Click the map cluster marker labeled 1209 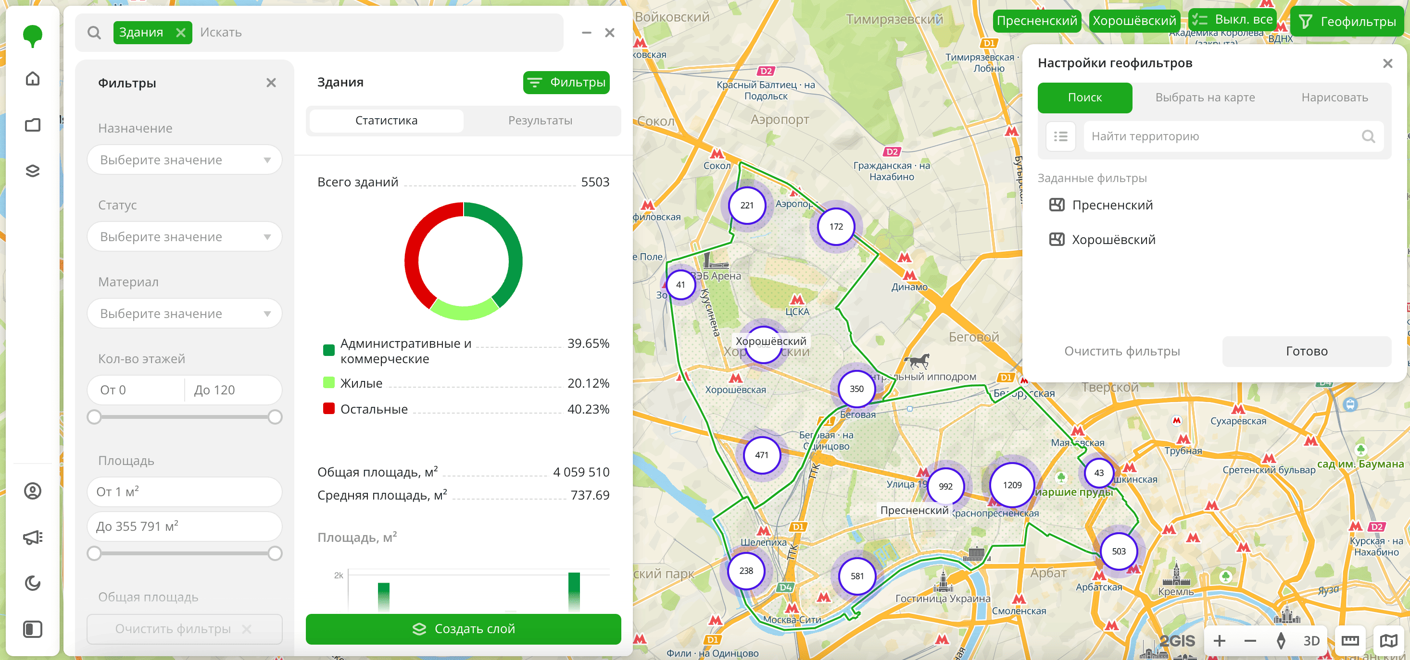pos(1012,485)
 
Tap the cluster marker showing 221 pos(747,206)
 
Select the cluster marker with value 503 pos(1118,551)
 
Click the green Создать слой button pos(463,629)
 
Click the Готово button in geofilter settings pos(1306,351)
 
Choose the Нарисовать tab pos(1334,98)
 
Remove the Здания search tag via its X pos(181,33)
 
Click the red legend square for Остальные pos(328,408)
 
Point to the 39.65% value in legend pos(588,343)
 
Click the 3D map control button pos(1311,641)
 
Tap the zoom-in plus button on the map pos(1219,641)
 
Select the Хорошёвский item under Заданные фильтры pos(1113,240)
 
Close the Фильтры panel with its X pos(271,83)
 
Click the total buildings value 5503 pos(594,182)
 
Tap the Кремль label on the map pos(1175,592)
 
